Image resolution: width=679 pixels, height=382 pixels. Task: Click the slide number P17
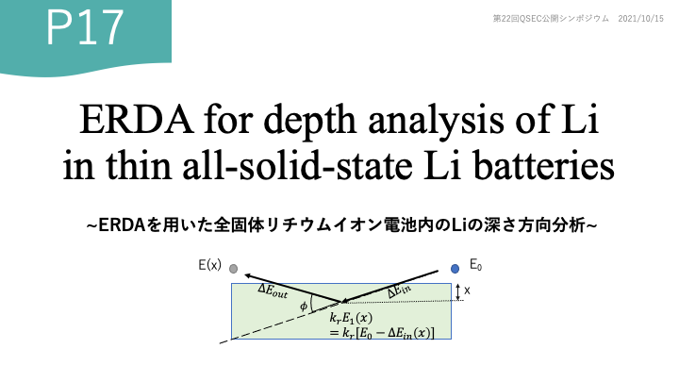click(x=85, y=27)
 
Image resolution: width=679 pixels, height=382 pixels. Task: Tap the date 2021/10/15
click(x=640, y=19)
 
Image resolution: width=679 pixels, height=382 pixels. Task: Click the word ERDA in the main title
click(x=137, y=119)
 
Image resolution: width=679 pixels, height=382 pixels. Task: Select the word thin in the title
click(x=139, y=166)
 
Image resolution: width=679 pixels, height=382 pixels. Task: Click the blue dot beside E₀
click(x=455, y=269)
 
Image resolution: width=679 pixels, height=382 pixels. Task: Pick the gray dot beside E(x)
click(x=234, y=269)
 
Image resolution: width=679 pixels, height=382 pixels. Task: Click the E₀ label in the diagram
click(x=475, y=265)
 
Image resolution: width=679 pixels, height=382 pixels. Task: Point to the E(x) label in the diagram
click(x=209, y=265)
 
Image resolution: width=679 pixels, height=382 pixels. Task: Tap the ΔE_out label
click(x=273, y=291)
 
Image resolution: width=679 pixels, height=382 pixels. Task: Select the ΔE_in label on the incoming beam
click(x=399, y=291)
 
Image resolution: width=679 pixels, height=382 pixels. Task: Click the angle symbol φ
click(x=304, y=307)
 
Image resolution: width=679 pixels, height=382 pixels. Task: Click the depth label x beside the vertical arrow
click(x=467, y=291)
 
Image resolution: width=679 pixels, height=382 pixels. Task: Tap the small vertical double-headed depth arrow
click(x=457, y=292)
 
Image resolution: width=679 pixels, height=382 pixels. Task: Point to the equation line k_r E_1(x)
click(x=351, y=319)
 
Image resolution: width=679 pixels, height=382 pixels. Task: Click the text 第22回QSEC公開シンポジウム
click(x=551, y=19)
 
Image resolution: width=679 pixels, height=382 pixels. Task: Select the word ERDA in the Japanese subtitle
click(x=122, y=225)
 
